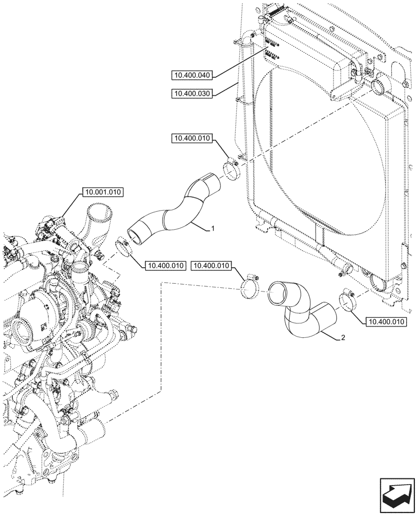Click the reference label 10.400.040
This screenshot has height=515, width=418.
click(x=191, y=75)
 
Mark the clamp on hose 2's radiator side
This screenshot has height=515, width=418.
click(x=346, y=301)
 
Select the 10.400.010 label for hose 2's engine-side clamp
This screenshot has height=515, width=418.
click(x=212, y=266)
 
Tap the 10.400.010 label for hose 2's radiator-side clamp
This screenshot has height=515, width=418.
click(x=386, y=322)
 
